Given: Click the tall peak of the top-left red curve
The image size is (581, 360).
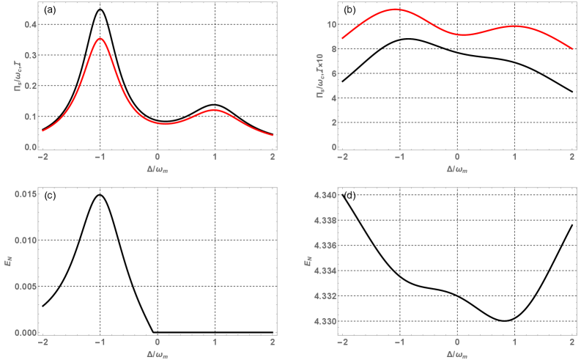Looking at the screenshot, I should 100,39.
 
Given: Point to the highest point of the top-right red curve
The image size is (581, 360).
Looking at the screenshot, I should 396,10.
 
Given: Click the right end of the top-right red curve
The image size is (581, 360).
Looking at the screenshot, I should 571,48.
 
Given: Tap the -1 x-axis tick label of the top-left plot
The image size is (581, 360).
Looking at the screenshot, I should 99,158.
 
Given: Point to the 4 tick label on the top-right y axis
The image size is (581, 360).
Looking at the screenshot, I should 334,98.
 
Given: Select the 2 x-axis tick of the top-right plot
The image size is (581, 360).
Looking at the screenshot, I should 571,158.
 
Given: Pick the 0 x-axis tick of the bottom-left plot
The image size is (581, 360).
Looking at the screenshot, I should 158,342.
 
